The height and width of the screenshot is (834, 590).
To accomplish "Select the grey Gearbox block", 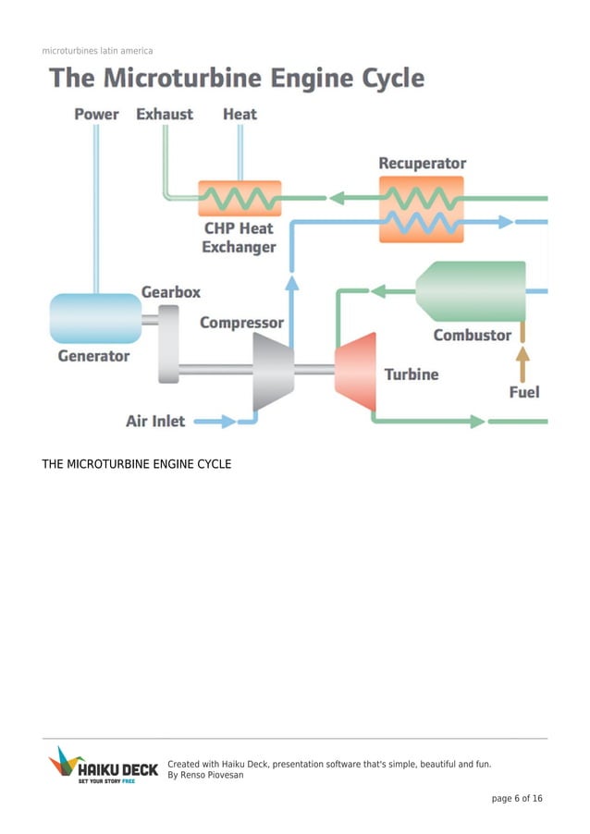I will point(168,342).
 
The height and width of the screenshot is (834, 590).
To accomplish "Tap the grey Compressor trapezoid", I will point(273,371).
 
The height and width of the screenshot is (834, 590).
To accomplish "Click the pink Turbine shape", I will point(355,372).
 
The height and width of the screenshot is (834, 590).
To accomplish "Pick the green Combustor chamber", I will point(472,291).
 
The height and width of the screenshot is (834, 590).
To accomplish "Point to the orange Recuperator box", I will point(421,211).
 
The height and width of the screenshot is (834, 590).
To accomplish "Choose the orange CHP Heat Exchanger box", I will point(240,198).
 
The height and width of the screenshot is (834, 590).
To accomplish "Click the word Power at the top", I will point(96,115).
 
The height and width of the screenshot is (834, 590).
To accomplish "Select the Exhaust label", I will point(165,115).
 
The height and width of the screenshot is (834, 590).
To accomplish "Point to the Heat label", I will point(240,115).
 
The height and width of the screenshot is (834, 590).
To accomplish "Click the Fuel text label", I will point(524,392).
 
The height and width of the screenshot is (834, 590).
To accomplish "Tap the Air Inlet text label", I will point(155,422).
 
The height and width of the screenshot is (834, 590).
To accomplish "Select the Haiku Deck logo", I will point(103,766).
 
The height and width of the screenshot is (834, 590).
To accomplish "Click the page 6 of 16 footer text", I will point(517,799).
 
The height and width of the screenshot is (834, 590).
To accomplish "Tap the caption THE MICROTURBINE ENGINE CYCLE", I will point(136,464).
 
